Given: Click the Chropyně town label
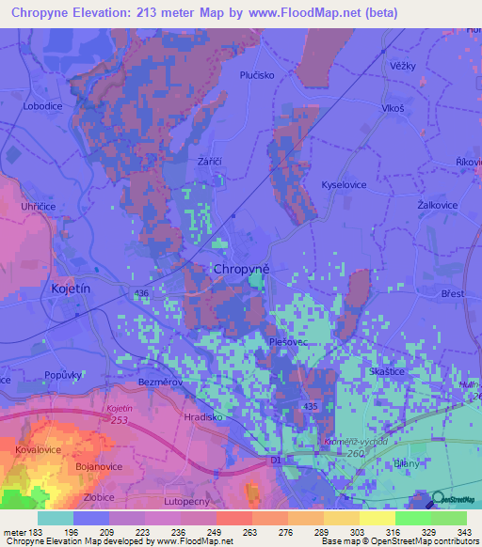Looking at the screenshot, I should point(242,269).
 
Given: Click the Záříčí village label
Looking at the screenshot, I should point(209,162).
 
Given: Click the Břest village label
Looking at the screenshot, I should point(454,294).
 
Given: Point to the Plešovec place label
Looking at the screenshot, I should point(285,343).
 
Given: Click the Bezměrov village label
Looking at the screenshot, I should point(159,383).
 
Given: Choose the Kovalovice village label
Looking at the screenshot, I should point(39,450).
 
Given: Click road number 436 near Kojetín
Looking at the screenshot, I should point(142,294).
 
